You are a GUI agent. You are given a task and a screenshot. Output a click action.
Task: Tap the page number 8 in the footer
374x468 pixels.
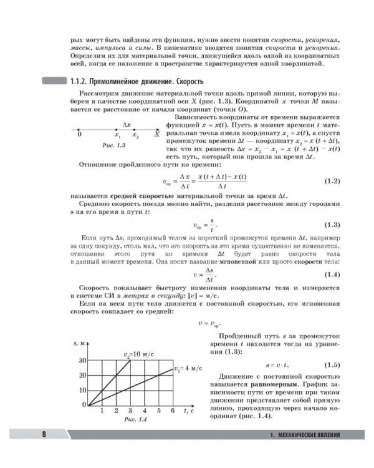tap(43, 434)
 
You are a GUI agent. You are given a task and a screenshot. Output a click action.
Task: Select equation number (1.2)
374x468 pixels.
tap(332, 182)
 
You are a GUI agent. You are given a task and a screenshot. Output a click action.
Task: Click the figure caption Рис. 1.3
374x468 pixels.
tap(113, 145)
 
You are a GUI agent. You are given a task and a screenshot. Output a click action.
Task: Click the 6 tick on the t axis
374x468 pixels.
tap(171, 411)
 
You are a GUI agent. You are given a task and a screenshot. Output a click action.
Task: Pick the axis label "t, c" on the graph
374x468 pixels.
tap(189, 411)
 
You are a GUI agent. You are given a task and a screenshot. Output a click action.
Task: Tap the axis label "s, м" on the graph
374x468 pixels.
tap(79, 344)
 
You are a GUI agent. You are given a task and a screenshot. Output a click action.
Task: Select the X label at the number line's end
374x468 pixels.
tap(157, 134)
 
